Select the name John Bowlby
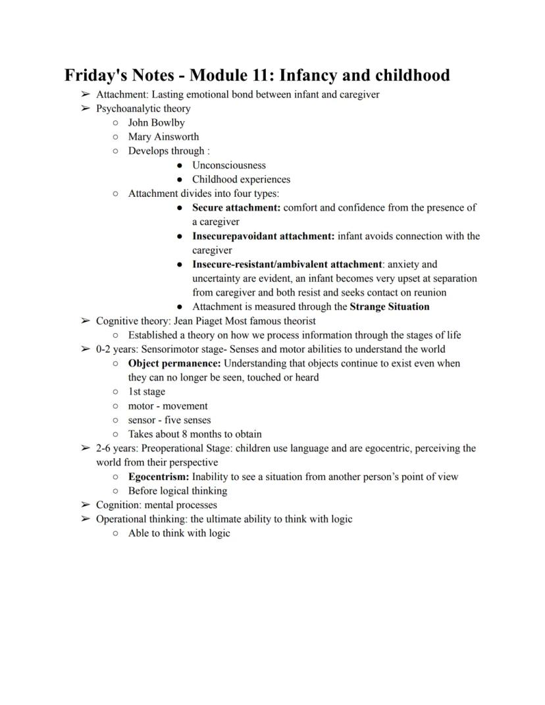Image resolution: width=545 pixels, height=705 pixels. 156,122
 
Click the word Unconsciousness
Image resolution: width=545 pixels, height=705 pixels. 229,165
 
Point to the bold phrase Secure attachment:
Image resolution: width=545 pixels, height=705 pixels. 236,207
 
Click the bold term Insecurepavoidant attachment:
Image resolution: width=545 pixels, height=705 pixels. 263,236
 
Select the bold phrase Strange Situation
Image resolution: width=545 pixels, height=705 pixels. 390,307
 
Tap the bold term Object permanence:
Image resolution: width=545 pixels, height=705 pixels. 174,363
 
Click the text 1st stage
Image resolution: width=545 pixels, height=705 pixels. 147,392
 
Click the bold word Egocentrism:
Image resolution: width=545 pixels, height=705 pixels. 159,477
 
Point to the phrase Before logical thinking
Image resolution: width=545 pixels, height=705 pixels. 178,491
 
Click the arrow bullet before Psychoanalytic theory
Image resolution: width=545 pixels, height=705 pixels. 85,109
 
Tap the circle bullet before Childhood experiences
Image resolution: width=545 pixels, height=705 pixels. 180,180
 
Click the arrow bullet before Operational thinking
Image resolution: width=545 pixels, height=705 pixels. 85,519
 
